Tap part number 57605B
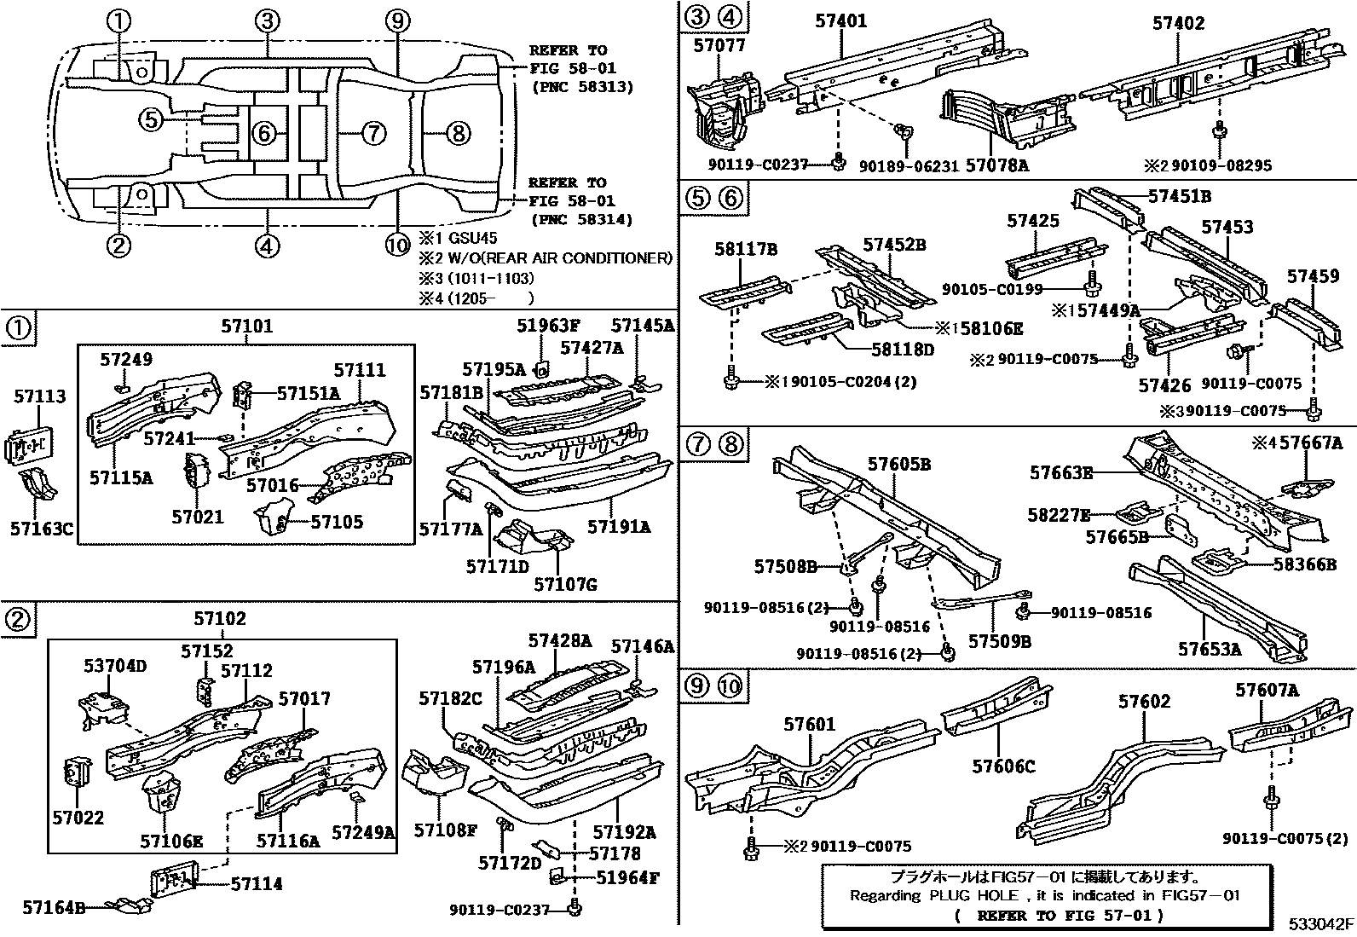899,465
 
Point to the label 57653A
1209,649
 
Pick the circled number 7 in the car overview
372,133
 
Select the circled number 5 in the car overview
151,119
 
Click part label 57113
40,396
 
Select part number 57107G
565,584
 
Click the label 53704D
114,665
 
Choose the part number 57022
77,818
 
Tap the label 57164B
54,907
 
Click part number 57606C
1003,766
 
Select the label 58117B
746,249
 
